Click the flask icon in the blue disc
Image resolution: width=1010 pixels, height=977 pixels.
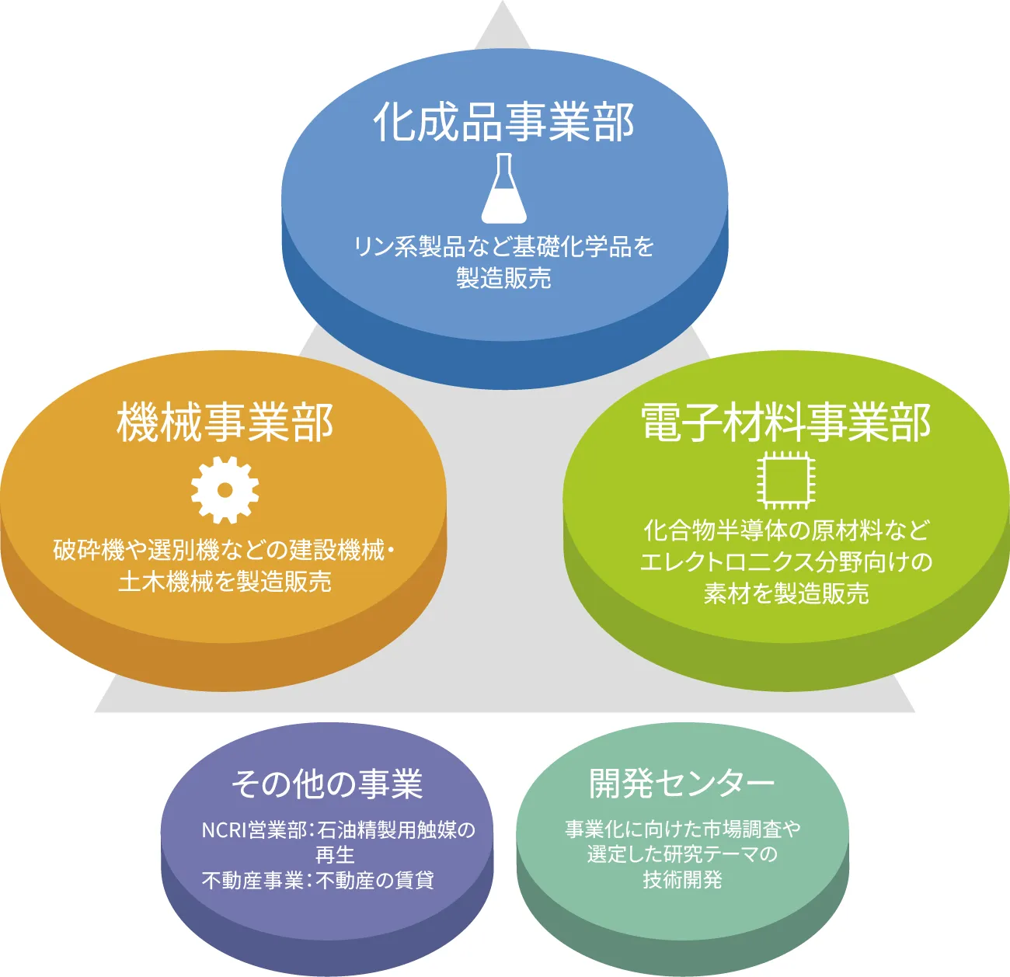(503, 188)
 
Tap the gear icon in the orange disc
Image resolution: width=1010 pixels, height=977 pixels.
(225, 489)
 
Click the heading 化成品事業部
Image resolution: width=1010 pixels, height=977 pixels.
(504, 122)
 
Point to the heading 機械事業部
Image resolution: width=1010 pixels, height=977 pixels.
(225, 423)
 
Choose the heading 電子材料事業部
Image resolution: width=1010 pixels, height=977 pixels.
(786, 423)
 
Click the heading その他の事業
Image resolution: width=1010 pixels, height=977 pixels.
(327, 784)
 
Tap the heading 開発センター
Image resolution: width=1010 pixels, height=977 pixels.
(682, 783)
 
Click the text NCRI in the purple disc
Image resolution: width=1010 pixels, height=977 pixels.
(223, 830)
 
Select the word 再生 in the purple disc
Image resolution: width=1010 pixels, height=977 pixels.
(335, 855)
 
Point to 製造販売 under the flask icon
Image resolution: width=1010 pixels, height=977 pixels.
(503, 278)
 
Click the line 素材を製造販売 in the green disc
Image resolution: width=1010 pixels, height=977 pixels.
(786, 594)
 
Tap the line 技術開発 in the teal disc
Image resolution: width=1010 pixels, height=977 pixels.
(682, 880)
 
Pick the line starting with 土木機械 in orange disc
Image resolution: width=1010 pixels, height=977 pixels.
(225, 582)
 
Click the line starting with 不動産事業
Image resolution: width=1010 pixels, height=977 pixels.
(318, 881)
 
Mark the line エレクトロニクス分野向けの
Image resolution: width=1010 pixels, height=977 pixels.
(786, 562)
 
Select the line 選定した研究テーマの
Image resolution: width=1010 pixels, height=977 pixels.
(682, 854)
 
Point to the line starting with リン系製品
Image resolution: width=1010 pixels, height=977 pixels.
(503, 247)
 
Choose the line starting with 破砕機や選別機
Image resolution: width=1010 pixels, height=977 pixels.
(224, 550)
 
